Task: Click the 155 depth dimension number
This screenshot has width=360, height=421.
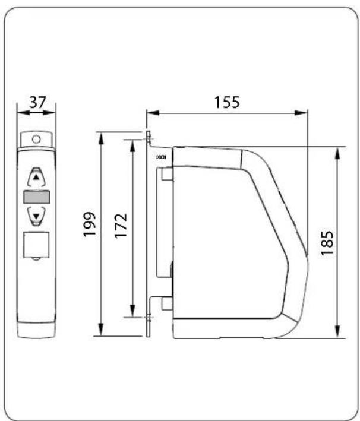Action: click(227, 102)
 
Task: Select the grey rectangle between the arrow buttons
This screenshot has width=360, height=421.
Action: click(36, 198)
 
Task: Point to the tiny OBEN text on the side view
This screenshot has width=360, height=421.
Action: click(160, 158)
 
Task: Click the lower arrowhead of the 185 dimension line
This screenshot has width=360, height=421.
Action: click(337, 334)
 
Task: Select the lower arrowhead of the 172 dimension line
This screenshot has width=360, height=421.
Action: click(130, 314)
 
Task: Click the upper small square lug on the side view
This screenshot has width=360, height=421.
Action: click(167, 175)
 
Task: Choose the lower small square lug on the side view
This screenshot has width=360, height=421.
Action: click(167, 303)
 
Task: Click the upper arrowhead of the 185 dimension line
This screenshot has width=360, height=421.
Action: click(337, 150)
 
